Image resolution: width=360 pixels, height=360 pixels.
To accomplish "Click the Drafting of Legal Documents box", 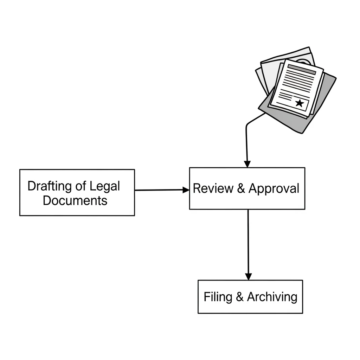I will click(77, 192).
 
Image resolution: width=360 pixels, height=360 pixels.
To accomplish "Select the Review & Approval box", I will click(247, 188).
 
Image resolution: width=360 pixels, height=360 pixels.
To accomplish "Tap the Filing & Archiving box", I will click(250, 296).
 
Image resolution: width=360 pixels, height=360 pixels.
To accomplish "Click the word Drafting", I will click(49, 186).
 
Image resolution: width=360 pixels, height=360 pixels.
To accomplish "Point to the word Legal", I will click(105, 186).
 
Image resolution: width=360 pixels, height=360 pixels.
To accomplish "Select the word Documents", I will click(75, 200).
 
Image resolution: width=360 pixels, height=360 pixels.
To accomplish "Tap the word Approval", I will click(274, 188).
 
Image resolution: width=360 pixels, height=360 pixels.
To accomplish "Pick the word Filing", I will click(218, 297).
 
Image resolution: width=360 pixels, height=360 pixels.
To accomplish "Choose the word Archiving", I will click(272, 297).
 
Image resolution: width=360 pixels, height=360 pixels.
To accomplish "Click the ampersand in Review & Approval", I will click(241, 188).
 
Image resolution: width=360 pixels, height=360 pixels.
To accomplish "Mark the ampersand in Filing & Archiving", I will click(239, 297).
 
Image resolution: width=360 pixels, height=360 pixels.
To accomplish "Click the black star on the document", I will click(299, 103).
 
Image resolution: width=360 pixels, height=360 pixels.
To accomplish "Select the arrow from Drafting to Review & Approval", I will click(160, 190).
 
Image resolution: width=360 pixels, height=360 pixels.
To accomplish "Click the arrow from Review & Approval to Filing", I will click(248, 243).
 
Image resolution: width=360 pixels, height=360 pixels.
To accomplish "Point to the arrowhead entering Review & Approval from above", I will click(247, 164).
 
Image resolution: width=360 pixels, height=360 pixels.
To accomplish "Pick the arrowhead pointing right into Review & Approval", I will click(186, 190).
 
